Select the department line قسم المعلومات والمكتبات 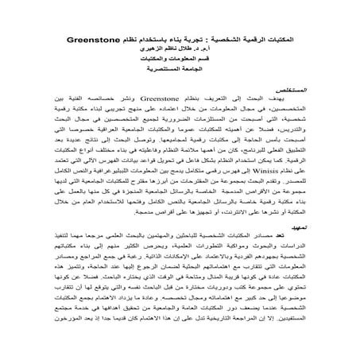click(189, 64)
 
